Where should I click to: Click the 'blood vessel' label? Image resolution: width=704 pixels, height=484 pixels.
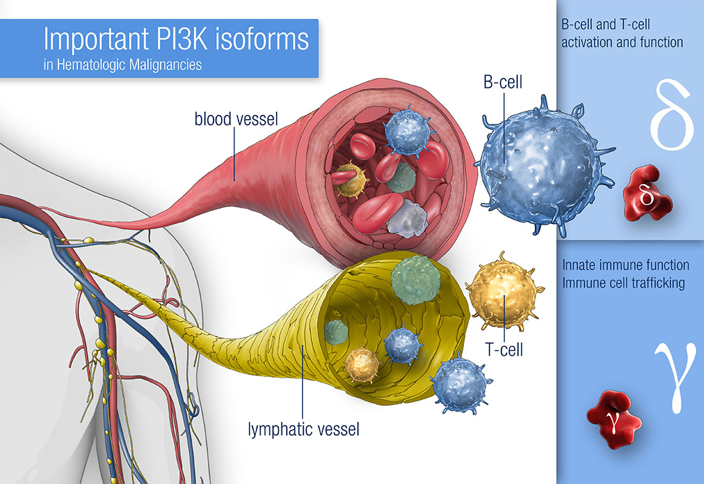coord(236,119)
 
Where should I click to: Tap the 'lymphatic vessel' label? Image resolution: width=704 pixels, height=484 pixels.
coord(304,429)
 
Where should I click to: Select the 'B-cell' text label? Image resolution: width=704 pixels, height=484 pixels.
coord(503,82)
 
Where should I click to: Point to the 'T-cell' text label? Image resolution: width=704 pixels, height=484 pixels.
coord(504,350)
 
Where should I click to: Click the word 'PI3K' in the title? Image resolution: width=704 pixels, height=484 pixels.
coord(182,39)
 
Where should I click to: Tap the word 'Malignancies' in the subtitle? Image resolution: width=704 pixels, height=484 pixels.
coord(165,65)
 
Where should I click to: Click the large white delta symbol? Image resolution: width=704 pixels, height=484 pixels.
coord(671,115)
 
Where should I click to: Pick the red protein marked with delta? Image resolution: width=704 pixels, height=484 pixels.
coord(646,194)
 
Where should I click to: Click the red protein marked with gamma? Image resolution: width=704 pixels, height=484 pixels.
coord(614,418)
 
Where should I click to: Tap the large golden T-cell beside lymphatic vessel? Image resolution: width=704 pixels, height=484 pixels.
coord(504,291)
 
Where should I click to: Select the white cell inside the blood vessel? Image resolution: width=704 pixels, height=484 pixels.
coord(407,219)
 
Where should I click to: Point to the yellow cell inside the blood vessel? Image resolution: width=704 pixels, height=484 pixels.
coord(351,179)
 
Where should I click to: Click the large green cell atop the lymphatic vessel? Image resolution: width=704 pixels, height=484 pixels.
coord(415,280)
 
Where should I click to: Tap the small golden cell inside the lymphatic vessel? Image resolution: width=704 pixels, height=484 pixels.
coord(362,364)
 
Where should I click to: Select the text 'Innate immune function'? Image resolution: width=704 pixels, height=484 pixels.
coord(626,265)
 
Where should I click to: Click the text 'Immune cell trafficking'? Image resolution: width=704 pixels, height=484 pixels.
coord(623,283)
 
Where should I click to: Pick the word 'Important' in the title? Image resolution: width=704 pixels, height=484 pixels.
coord(96,40)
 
